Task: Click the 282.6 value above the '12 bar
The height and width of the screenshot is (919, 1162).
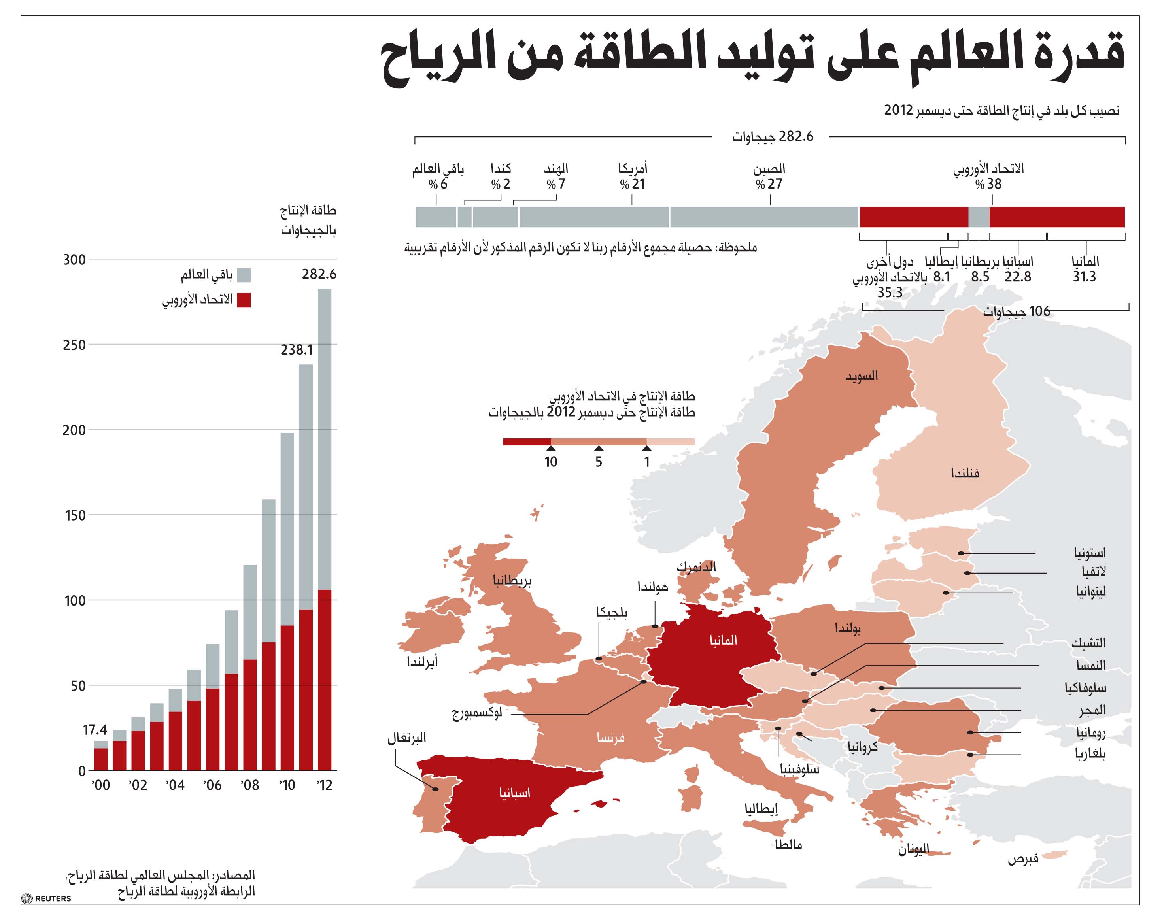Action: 319,274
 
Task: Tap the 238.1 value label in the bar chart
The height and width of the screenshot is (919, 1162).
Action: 297,350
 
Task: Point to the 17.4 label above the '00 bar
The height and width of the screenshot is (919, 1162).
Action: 95,730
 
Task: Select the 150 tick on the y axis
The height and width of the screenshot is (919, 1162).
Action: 74,515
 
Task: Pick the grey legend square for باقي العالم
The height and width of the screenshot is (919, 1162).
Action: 244,275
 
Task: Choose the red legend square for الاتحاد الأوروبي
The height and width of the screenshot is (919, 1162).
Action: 244,300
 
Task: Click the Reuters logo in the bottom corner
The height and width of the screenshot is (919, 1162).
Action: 46,898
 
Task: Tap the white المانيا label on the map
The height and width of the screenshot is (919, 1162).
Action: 724,640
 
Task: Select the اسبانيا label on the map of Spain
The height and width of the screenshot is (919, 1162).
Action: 514,793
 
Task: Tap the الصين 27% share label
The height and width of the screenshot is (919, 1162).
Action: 769,176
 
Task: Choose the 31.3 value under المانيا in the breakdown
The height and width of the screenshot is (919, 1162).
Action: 1084,277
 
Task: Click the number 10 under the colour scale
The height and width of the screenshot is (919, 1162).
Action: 551,462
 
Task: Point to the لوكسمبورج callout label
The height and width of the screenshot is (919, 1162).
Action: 476,715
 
